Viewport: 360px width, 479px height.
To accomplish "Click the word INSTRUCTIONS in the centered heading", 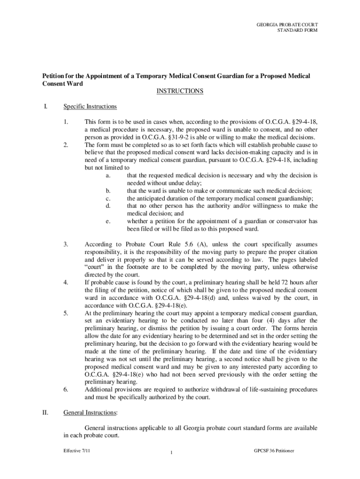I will [x=180, y=91].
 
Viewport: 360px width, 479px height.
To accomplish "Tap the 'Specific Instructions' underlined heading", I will [x=90, y=107].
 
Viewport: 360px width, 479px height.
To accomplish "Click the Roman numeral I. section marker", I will [x=45, y=107].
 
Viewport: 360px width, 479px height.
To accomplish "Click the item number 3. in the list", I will [x=66, y=244].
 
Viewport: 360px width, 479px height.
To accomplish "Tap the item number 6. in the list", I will [x=66, y=389].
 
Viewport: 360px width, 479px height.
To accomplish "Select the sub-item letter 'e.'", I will [x=108, y=221].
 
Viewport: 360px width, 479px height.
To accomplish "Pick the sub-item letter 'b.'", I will [x=108, y=190].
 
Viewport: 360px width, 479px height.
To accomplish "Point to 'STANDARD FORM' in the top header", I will [x=297, y=30].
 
